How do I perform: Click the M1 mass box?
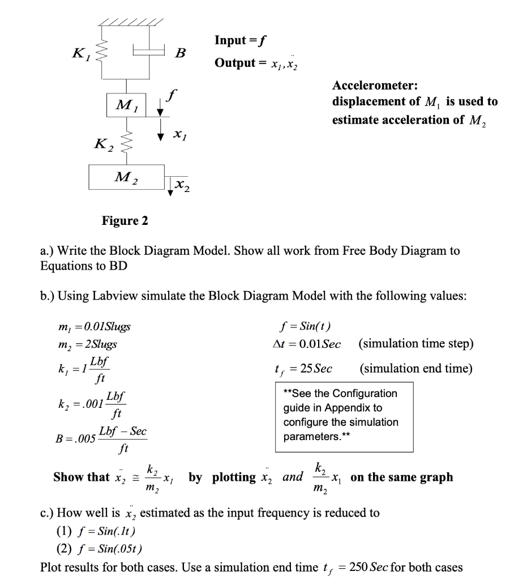coord(127,104)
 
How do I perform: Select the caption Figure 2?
coord(125,220)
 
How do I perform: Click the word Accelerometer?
coord(375,86)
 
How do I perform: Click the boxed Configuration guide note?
coord(340,415)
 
